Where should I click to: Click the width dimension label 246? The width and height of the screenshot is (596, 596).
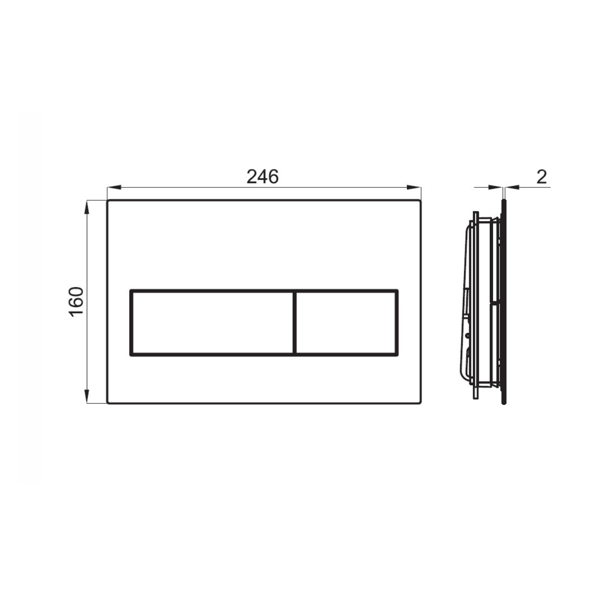[262, 176]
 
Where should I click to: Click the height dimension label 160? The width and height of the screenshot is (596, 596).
[76, 301]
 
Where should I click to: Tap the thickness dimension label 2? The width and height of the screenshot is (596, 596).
[542, 176]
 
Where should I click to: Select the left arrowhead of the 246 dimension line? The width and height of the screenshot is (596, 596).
[114, 187]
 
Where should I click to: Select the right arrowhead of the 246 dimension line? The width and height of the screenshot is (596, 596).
[414, 187]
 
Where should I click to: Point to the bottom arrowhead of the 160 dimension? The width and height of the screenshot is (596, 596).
[87, 396]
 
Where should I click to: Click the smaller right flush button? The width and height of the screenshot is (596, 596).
[346, 323]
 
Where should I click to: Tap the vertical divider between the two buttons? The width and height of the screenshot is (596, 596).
[295, 323]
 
